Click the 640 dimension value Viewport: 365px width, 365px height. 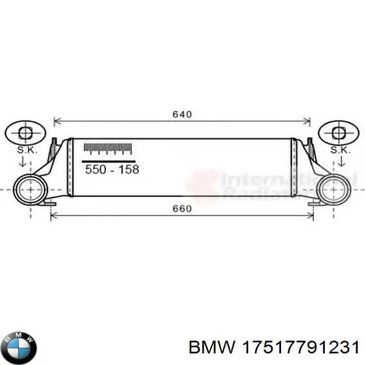(x=182, y=114)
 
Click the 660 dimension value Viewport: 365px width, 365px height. (x=182, y=209)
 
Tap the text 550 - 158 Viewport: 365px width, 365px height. (x=112, y=170)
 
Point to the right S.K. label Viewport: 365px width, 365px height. (x=339, y=150)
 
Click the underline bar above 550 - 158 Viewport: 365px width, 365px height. (x=109, y=161)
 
